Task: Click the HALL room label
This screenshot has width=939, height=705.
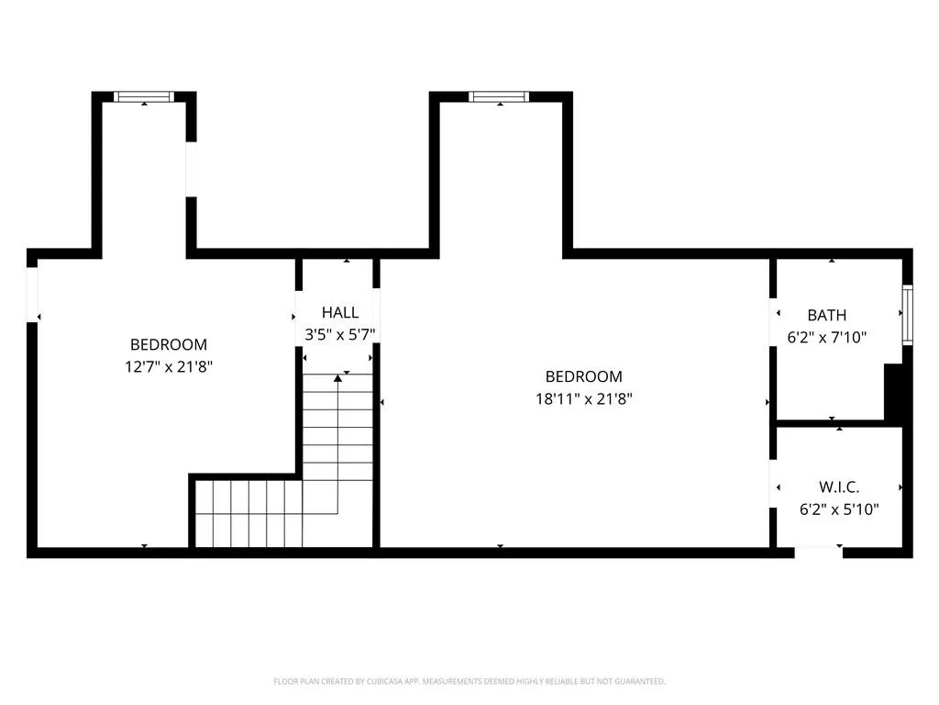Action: (x=339, y=313)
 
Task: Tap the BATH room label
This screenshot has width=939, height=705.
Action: (x=826, y=315)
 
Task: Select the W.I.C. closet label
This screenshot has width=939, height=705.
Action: (x=839, y=487)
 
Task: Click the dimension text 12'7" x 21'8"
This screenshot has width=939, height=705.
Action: (x=168, y=366)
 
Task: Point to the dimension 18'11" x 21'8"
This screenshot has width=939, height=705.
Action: (x=583, y=398)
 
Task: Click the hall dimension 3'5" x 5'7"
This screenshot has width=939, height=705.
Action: (x=339, y=335)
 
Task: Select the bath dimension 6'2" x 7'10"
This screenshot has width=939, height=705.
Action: (x=826, y=337)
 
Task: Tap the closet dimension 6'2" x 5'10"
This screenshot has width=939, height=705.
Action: (x=839, y=509)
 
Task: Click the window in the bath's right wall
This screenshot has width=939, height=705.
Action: (x=907, y=315)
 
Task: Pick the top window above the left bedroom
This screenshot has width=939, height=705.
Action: (x=144, y=96)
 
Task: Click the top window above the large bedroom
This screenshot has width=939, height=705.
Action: (x=499, y=96)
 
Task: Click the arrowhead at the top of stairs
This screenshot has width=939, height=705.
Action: (x=338, y=375)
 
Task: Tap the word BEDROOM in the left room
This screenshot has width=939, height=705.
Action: (x=168, y=344)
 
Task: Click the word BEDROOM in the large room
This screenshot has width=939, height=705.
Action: (x=583, y=376)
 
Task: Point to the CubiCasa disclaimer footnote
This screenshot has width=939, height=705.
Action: (x=469, y=681)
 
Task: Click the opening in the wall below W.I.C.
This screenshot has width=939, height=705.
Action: (x=818, y=553)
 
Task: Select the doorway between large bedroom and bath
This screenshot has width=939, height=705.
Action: (x=772, y=321)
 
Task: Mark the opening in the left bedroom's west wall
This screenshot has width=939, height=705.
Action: (x=32, y=294)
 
